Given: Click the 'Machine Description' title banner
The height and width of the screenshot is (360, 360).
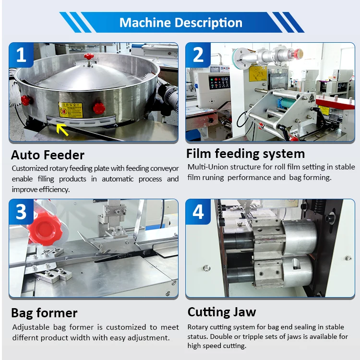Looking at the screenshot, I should coord(181,23).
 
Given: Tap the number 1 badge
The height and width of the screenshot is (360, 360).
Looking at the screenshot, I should coord(21,55).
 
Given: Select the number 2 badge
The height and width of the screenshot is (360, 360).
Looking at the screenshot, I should coord(198,55).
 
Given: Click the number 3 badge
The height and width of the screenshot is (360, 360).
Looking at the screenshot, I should coord(21,212).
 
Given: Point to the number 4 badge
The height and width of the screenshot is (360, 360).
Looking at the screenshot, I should coord(198,212).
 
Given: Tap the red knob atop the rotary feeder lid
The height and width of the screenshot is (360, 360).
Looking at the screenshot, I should coord(89,57).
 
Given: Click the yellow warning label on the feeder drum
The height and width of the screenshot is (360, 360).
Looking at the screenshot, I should coord(70,109).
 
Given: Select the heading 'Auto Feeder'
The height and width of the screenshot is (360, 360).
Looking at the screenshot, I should coord(48,155).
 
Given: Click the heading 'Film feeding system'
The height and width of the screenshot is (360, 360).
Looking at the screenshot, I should coord(245,154).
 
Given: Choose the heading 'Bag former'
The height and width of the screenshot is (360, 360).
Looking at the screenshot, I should coord(44,313).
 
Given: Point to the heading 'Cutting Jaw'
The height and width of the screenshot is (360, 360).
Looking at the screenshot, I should coord(222,312).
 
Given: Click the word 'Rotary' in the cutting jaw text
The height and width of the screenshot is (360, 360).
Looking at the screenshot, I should coord(197,327).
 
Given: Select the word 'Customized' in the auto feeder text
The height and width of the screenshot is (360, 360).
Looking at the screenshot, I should coord(30,168).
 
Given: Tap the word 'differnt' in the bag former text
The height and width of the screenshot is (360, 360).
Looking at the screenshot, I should coord(26,337).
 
